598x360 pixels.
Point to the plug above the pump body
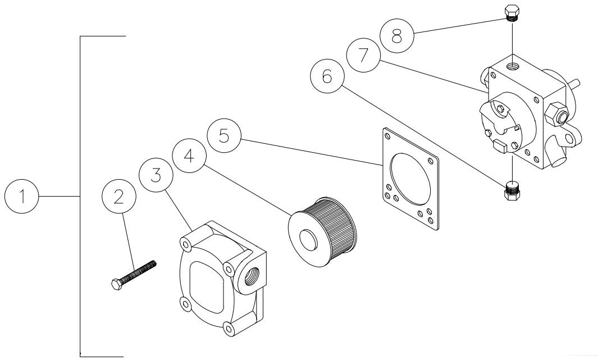pyautogui.click(x=511, y=13)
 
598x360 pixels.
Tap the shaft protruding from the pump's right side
pyautogui.click(x=576, y=85)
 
